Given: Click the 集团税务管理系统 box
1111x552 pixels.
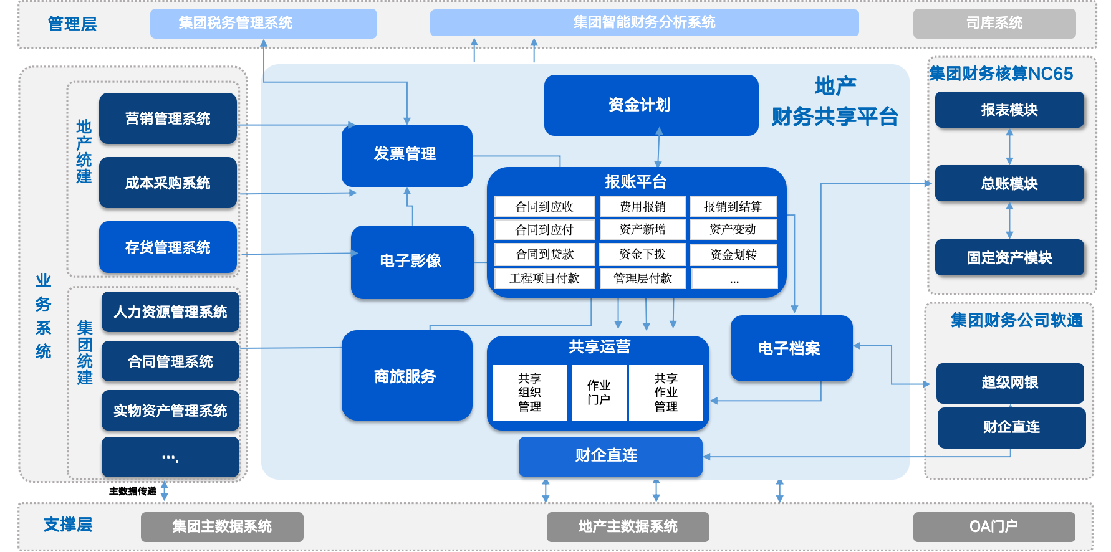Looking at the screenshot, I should coord(263,23).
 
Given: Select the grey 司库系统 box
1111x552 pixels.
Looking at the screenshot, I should coord(994,23).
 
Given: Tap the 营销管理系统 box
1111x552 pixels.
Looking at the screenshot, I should coord(168,118).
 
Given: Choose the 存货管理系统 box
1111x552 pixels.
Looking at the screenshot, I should coord(168,247).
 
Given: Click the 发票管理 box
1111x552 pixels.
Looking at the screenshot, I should coord(406,155).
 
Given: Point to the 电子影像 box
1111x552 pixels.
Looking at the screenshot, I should coord(411,261).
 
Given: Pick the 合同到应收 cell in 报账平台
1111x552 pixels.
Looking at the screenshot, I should coord(544,207).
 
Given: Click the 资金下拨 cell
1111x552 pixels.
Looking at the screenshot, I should coord(642,254).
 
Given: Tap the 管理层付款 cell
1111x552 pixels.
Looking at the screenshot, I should coord(642,278).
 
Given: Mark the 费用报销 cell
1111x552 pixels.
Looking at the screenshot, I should coord(642,207).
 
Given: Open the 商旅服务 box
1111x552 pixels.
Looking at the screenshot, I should coord(406,376).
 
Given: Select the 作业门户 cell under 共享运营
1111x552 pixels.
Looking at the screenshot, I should coord(599,393).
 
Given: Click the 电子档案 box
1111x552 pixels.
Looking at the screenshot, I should coord(791,348).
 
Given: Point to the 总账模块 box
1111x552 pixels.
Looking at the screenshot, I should coord(1009,184).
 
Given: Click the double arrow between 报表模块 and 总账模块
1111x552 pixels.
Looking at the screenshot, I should coord(1009,146).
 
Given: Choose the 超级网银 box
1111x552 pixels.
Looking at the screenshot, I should coord(1010,383).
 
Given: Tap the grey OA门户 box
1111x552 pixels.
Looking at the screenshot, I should coord(994,526).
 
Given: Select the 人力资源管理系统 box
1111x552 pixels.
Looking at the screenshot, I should coord(170,312).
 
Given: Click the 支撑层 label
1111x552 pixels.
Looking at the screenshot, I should coord(68,525).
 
